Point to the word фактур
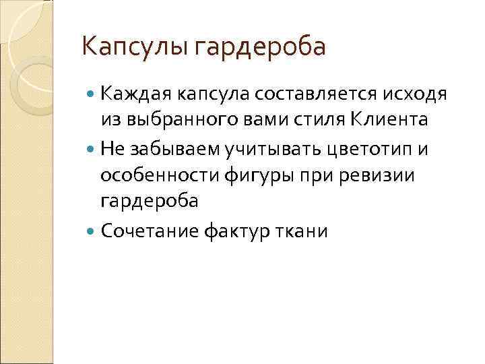coord(231,231)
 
